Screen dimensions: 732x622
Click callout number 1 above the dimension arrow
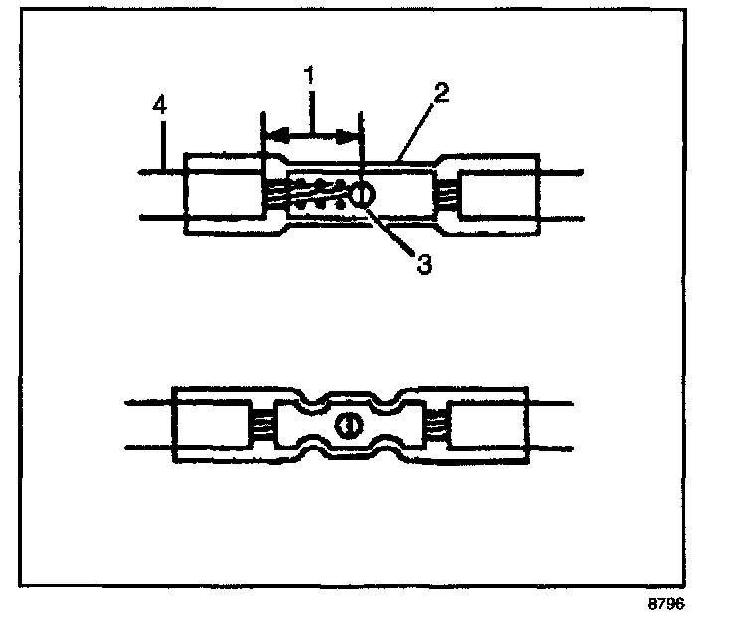pos(311,76)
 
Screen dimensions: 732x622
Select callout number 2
pos(442,94)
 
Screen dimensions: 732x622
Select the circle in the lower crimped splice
pos(347,426)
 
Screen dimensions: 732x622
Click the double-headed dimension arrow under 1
pos(311,132)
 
